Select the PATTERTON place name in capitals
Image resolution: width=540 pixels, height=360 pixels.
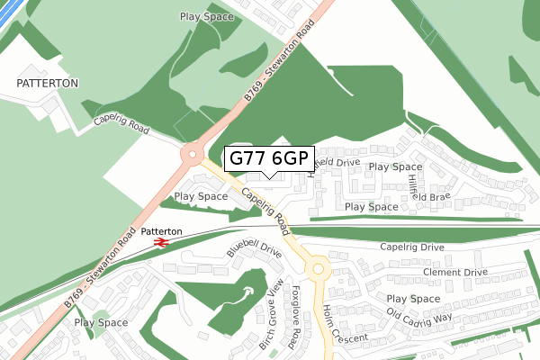pyautogui.click(x=48, y=83)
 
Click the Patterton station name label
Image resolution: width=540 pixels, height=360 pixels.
pyautogui.click(x=162, y=231)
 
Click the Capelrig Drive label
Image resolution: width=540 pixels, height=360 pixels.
pyautogui.click(x=412, y=247)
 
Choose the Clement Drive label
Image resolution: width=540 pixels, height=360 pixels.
pyautogui.click(x=454, y=271)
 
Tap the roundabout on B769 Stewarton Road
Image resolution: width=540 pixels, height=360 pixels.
pyautogui.click(x=193, y=154)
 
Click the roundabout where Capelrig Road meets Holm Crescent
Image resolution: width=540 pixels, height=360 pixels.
pyautogui.click(x=316, y=269)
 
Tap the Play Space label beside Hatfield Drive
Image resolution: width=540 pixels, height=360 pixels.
pyautogui.click(x=395, y=166)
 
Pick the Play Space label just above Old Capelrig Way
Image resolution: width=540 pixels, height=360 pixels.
pyautogui.click(x=413, y=298)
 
